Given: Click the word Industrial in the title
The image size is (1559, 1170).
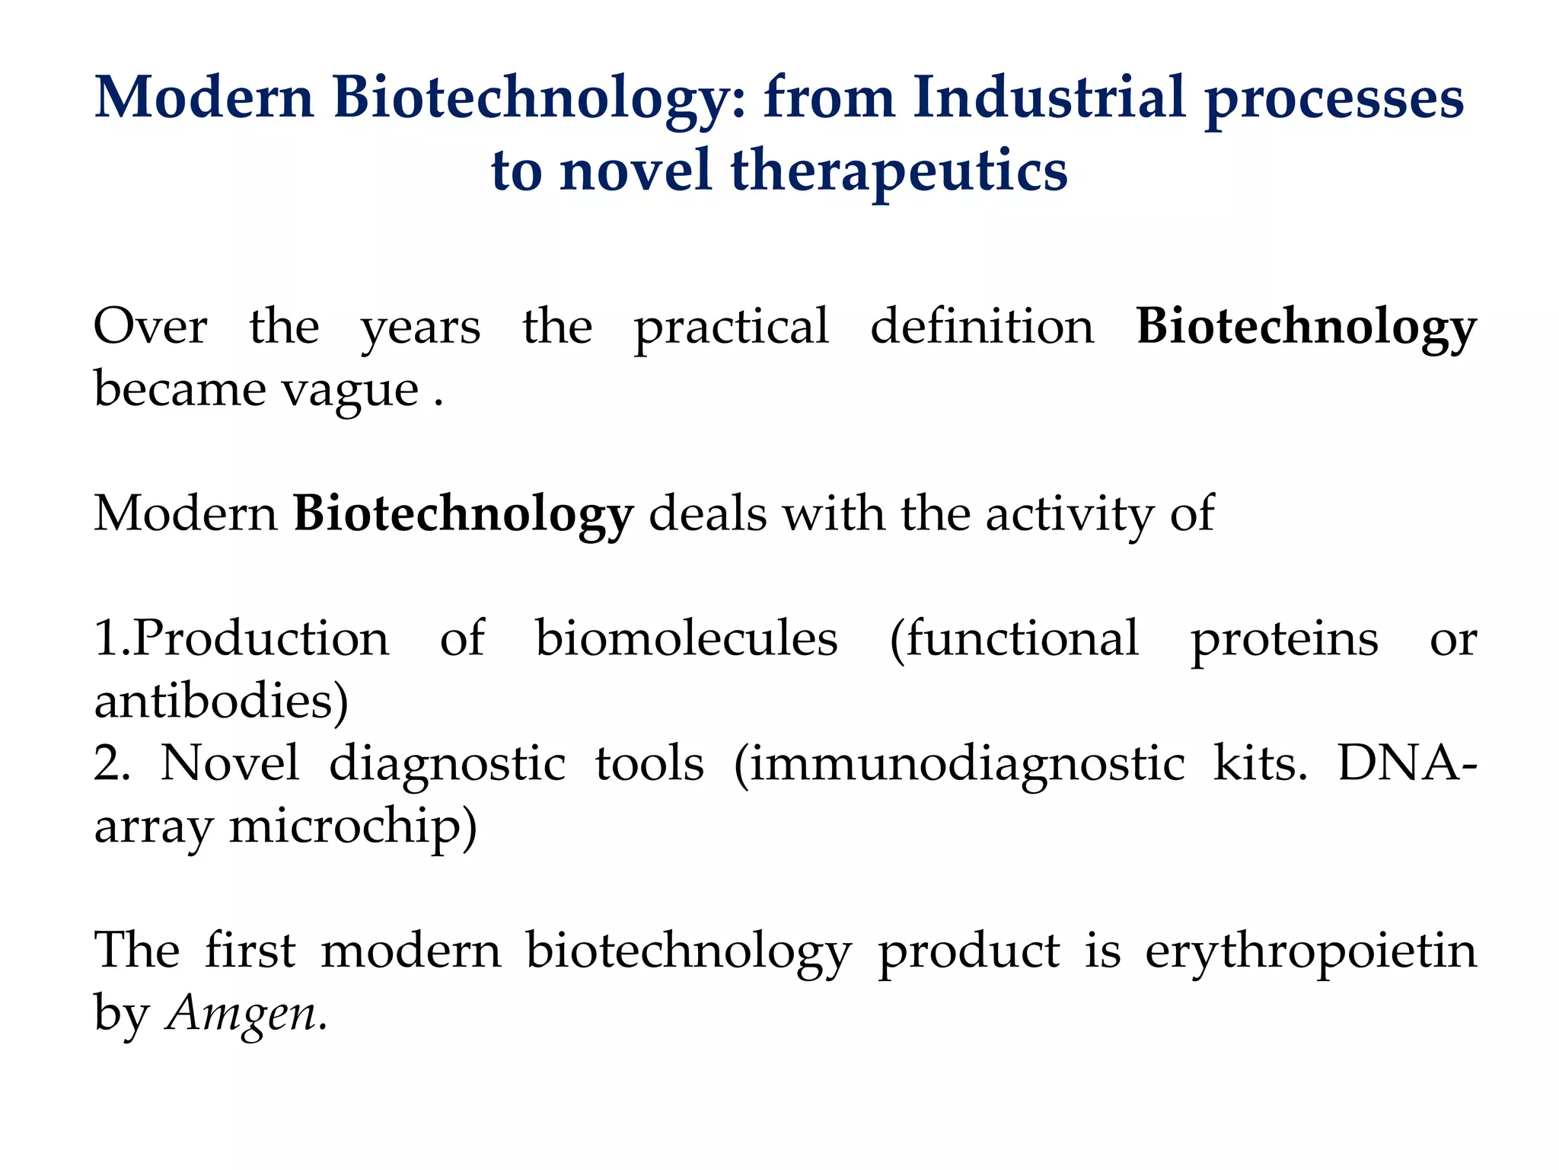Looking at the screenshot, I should tap(1050, 97).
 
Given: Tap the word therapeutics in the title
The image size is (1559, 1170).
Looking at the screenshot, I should tap(899, 171).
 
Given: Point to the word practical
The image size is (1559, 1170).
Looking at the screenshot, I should tap(731, 328).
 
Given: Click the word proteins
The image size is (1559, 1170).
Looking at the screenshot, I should tap(1284, 640).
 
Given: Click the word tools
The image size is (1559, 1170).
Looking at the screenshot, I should tap(649, 763).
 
